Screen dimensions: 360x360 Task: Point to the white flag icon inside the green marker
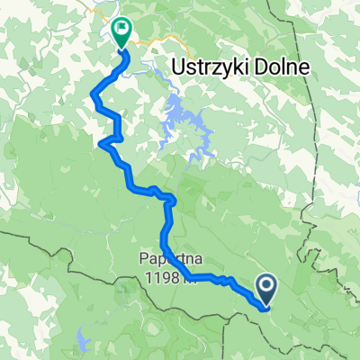click(x=120, y=28)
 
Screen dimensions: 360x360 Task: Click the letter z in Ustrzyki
click(x=213, y=67)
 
